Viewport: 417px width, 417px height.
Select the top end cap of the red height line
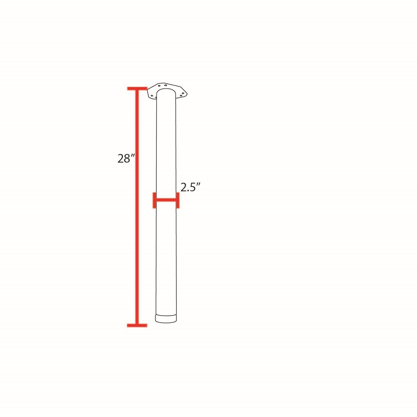coord(137,89)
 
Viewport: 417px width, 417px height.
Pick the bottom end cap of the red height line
coord(137,325)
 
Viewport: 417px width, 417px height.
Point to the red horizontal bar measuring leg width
coord(166,200)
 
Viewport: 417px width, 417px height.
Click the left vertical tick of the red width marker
coord(154,200)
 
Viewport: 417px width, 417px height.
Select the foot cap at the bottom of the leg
coord(166,319)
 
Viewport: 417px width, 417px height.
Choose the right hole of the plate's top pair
coord(165,85)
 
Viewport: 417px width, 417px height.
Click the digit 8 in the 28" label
coord(128,159)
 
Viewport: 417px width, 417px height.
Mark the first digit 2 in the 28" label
coord(121,159)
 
